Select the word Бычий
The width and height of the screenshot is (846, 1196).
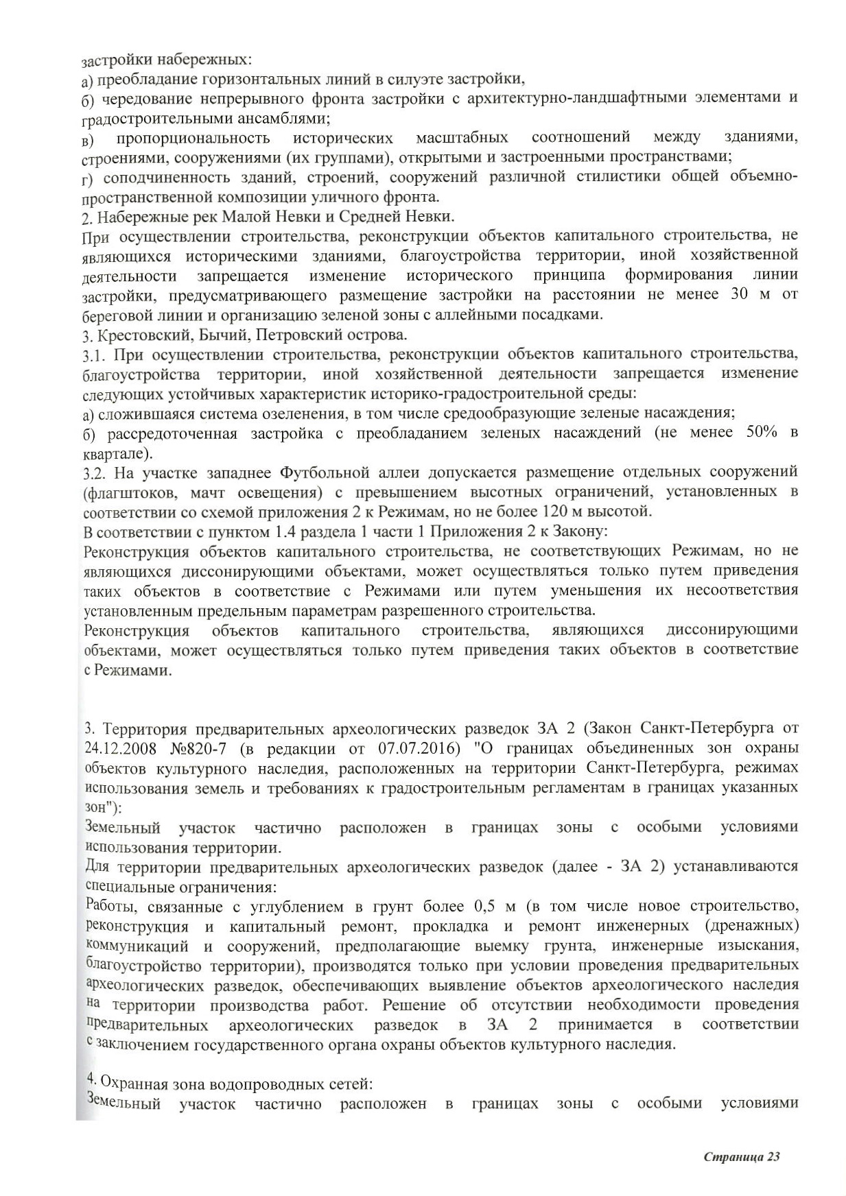click(207, 335)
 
